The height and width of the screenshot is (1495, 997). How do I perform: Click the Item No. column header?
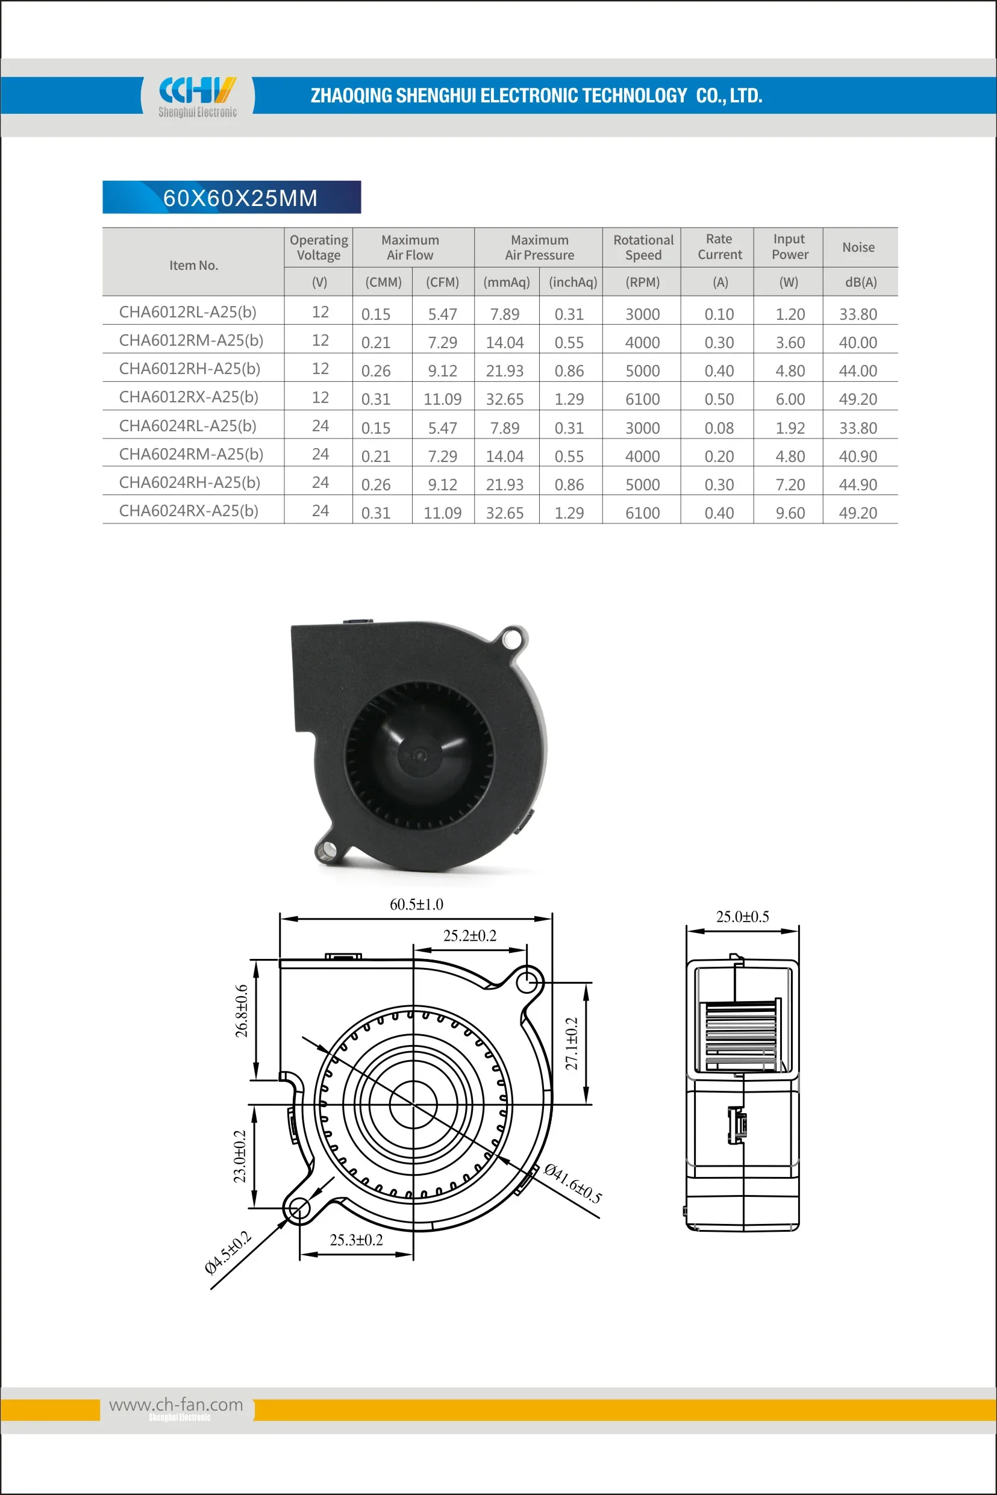pyautogui.click(x=193, y=265)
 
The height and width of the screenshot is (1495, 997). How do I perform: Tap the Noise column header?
pyautogui.click(x=858, y=248)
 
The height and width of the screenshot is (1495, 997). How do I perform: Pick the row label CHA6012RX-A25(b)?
pyautogui.click(x=189, y=398)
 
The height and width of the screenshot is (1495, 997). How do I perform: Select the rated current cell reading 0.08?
pyautogui.click(x=719, y=428)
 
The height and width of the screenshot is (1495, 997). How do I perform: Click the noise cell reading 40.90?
pyautogui.click(x=858, y=457)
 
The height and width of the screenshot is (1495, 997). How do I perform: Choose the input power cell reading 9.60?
pyautogui.click(x=790, y=513)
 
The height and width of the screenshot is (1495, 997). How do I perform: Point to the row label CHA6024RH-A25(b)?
pyautogui.click(x=190, y=482)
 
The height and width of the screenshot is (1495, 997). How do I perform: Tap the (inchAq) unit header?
pyautogui.click(x=572, y=282)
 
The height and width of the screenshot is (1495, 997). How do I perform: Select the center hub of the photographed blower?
pyautogui.click(x=419, y=755)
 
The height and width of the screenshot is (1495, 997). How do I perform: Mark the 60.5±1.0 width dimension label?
pyautogui.click(x=416, y=905)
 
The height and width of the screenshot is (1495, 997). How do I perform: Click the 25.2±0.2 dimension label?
pyautogui.click(x=469, y=935)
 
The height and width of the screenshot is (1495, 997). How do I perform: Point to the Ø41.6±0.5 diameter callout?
pyautogui.click(x=572, y=1184)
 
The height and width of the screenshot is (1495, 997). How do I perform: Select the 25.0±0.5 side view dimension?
pyautogui.click(x=742, y=917)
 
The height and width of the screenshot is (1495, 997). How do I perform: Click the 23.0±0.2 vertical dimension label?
pyautogui.click(x=240, y=1157)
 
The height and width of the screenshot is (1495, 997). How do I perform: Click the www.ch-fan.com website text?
pyautogui.click(x=176, y=1405)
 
